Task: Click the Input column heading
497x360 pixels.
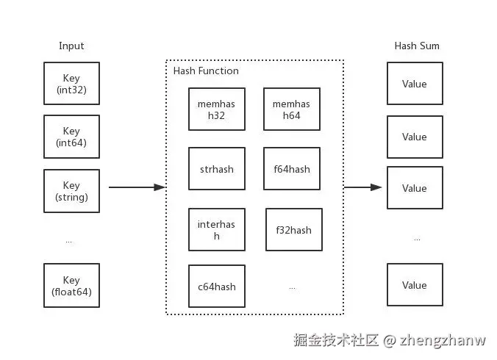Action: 71,46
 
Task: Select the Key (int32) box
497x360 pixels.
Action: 71,84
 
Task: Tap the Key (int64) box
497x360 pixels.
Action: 71,137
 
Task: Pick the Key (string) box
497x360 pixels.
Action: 71,191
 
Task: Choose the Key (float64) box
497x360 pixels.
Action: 71,286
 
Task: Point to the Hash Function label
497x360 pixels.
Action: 206,71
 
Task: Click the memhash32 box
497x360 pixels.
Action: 216,109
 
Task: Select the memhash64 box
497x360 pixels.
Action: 291,109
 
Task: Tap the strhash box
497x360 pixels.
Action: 216,169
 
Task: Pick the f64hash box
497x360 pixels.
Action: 291,169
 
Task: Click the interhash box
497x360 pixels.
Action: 216,230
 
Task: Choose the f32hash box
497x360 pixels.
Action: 293,230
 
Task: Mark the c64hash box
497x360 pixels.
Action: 216,287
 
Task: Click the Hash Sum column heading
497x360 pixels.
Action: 417,46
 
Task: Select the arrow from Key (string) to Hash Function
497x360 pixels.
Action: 137,187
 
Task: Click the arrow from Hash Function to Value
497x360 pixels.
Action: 363,187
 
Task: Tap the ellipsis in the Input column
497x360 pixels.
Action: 69,240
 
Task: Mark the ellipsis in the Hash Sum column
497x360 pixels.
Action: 417,239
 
